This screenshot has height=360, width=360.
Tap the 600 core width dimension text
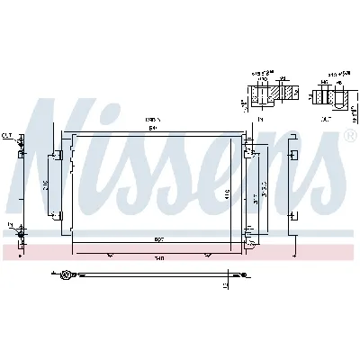158,240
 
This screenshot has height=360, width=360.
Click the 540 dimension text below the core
159,258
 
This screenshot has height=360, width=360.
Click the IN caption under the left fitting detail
260,118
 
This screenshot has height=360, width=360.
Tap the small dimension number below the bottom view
227,286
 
